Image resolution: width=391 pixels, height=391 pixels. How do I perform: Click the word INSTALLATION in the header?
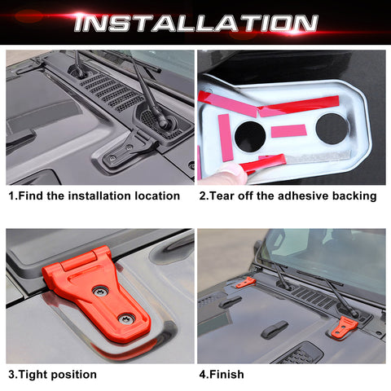point(195,22)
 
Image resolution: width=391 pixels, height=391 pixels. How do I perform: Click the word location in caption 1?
point(152,195)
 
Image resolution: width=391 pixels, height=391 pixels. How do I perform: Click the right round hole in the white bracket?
point(332,129)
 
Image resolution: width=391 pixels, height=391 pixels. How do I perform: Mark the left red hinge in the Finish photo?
point(244,283)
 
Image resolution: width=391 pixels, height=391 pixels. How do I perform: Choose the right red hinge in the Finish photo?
point(344,327)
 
